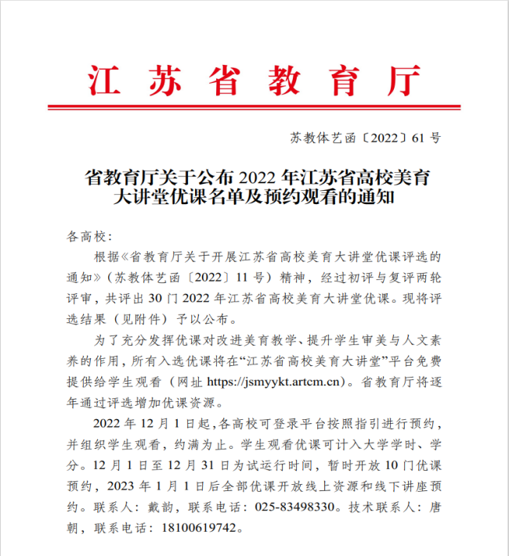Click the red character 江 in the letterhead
(103, 78)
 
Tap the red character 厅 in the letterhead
(403, 78)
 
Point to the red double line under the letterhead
(254, 107)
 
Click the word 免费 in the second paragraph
(431, 361)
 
